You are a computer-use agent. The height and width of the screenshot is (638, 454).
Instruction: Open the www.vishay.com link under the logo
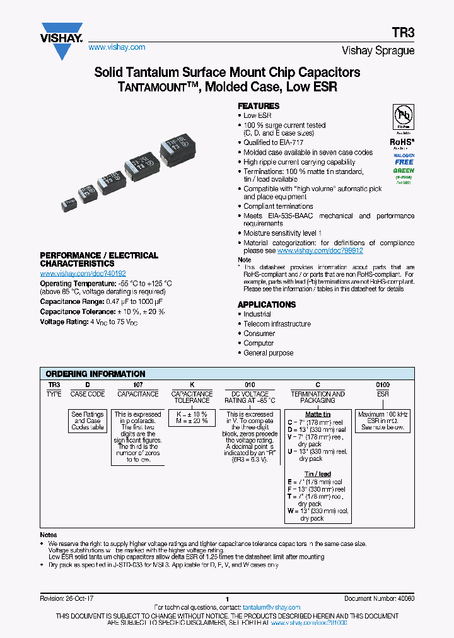point(117,47)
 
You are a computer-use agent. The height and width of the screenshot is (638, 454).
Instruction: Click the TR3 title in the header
point(404,35)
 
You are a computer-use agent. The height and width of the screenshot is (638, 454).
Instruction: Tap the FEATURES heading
point(259,106)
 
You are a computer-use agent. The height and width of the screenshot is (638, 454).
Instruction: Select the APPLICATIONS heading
point(267,304)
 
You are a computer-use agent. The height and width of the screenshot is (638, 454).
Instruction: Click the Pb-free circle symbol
point(404,117)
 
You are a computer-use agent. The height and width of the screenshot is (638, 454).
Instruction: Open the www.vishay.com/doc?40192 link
point(83,274)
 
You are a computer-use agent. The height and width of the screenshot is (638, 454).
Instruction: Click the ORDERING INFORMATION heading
point(95,374)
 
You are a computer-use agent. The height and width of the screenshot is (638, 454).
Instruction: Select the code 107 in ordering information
point(138,385)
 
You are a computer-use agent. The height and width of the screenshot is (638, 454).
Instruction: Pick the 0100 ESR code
point(383,385)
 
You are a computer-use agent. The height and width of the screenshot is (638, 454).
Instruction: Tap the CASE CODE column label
point(88,394)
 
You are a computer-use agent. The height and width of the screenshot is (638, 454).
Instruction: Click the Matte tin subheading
point(317,414)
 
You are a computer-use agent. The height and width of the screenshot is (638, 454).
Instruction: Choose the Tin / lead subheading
point(317,474)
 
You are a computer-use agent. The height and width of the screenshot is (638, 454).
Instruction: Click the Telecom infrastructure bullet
point(277,324)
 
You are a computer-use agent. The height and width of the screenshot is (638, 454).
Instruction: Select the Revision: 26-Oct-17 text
point(67,599)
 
